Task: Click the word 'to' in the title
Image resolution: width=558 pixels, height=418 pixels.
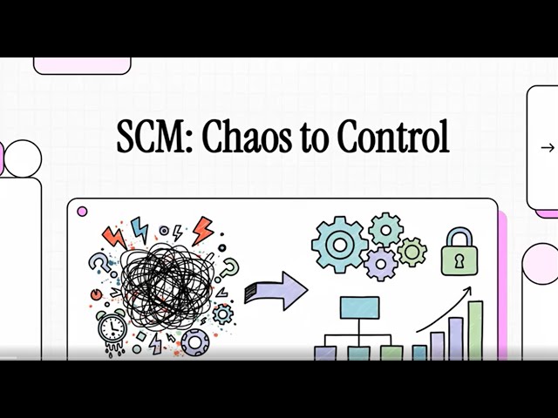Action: coord(306,138)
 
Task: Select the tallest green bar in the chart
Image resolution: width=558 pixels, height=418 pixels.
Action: coord(475,329)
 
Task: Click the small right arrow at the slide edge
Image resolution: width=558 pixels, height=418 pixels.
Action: coord(548,147)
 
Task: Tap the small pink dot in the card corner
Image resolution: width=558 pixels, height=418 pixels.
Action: coord(83,211)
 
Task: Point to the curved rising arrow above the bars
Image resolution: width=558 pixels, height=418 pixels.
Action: coord(444,309)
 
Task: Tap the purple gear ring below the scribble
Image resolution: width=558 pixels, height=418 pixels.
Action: coord(194,341)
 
